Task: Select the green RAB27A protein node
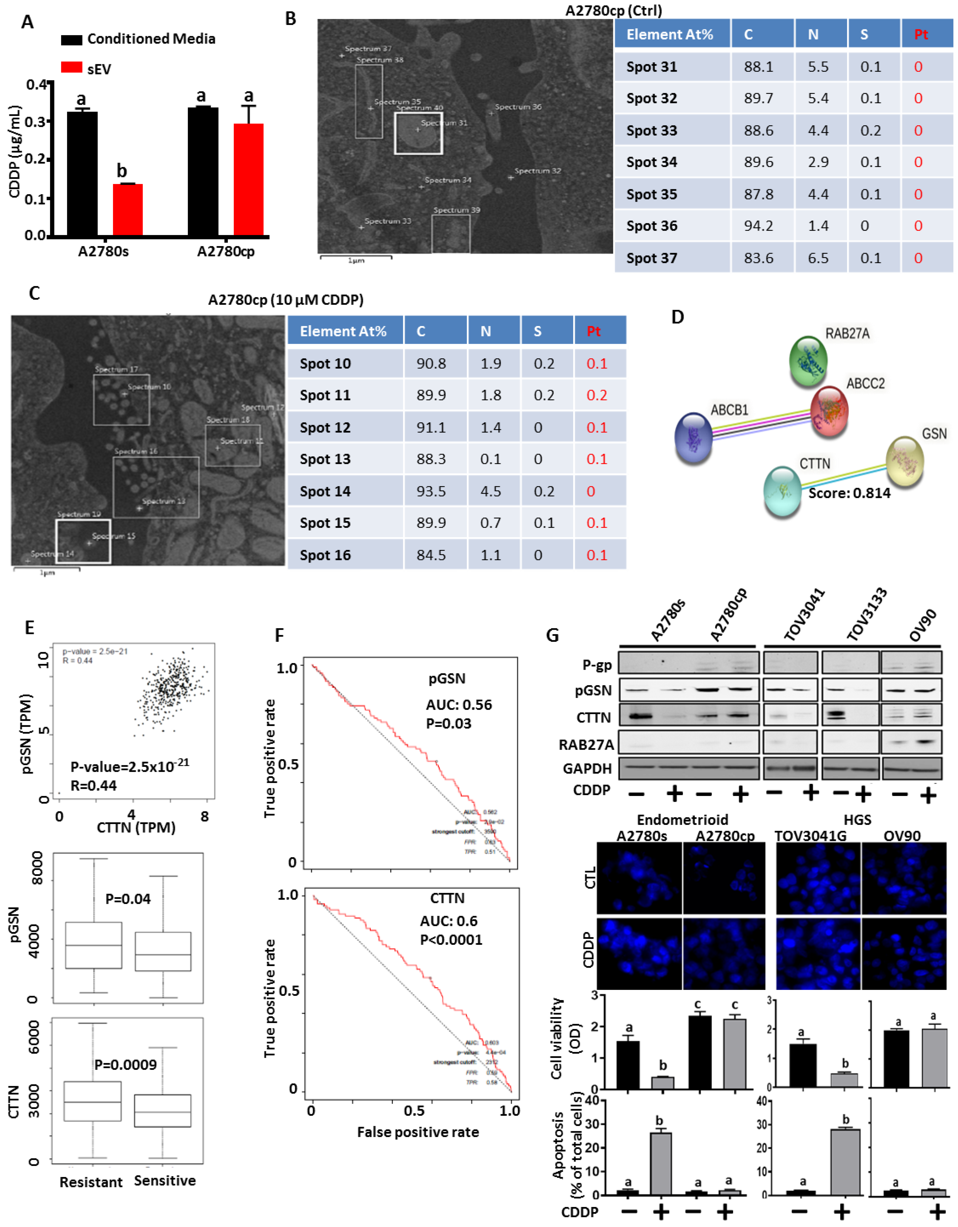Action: [x=808, y=360]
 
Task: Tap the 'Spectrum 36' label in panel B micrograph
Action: [x=518, y=107]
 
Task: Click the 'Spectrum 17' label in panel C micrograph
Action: [x=116, y=369]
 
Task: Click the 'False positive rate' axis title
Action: [x=418, y=1132]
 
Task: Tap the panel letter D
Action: [x=678, y=317]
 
